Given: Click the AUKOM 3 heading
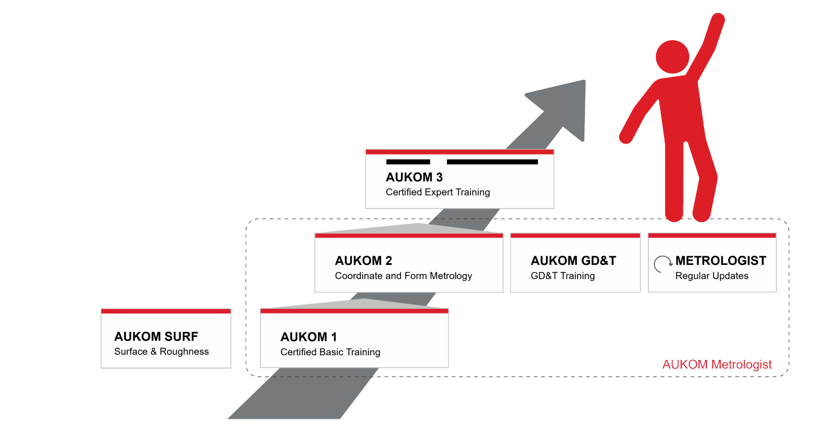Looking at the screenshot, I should [x=414, y=177].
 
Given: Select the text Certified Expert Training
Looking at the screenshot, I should [x=438, y=192].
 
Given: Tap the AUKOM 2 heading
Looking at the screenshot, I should [x=363, y=261].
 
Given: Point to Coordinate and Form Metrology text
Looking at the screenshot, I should [x=403, y=276].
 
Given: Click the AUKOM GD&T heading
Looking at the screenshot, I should [x=573, y=261].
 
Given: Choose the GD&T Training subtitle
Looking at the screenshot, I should [x=563, y=276].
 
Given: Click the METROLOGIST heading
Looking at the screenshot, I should [x=720, y=261].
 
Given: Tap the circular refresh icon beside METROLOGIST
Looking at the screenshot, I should [x=663, y=264].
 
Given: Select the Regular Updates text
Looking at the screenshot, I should [x=712, y=276].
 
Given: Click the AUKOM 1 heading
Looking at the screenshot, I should [x=309, y=337].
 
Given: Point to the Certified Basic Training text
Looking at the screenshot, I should [x=330, y=352].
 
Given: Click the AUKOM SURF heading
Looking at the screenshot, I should [x=156, y=336].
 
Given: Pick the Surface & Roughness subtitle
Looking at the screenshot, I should [x=162, y=351].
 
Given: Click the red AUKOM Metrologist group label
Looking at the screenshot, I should [x=717, y=364].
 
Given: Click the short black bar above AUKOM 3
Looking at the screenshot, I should [x=408, y=162].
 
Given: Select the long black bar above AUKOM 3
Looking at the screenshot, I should [x=492, y=162].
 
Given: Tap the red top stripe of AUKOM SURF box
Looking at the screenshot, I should [x=166, y=311].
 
